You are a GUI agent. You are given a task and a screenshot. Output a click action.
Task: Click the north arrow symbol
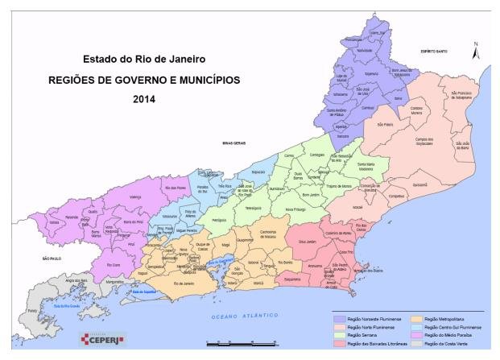(476, 51)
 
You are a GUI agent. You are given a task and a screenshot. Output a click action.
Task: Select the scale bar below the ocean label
(242, 343)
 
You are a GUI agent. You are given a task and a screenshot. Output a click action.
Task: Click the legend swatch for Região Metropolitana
(408, 320)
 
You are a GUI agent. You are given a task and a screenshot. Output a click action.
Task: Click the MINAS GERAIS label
(233, 142)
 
